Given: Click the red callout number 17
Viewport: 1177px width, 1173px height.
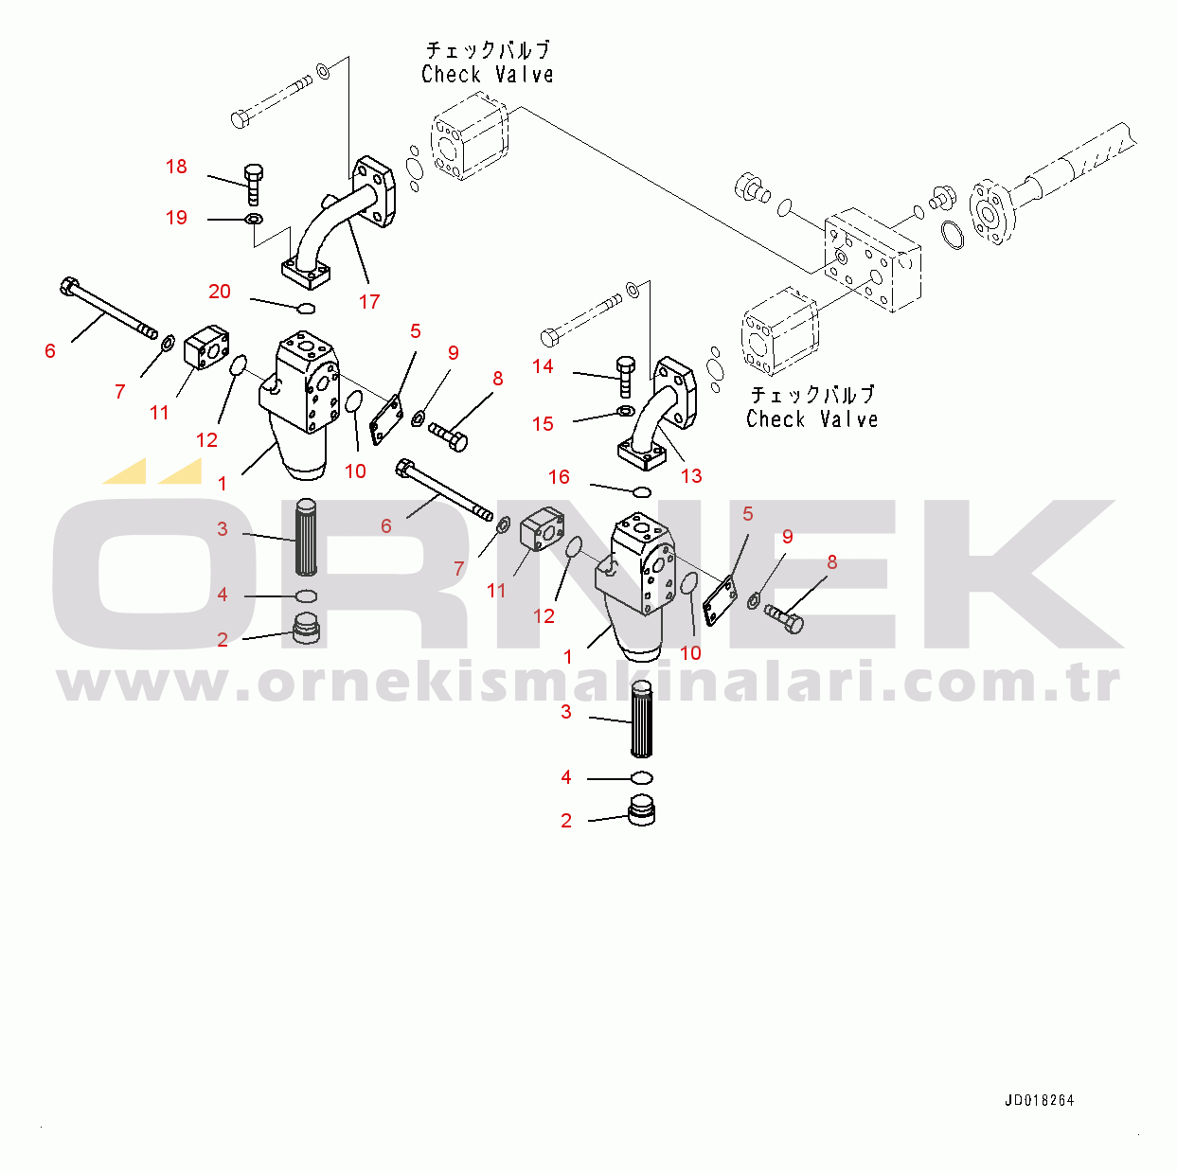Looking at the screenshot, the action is (x=369, y=301).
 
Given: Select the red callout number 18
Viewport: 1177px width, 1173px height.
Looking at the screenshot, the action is (x=176, y=167).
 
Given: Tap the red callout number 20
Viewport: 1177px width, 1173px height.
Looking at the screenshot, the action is (x=220, y=292).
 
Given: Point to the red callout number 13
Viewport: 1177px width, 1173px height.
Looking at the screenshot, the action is (x=691, y=476).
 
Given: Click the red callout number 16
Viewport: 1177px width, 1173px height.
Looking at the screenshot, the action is (x=559, y=476).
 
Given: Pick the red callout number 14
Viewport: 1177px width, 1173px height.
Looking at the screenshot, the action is (x=543, y=366).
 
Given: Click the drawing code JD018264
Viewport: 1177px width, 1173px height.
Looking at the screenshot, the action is (x=1039, y=1117).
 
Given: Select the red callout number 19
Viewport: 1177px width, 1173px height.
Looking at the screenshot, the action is (x=176, y=218).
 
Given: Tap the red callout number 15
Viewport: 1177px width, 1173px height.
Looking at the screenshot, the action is (x=543, y=423).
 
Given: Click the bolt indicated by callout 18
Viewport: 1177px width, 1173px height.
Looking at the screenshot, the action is (x=254, y=184).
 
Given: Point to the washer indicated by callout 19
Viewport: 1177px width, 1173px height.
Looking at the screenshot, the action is (x=253, y=218).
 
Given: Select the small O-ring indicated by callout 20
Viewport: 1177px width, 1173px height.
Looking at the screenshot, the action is (x=307, y=310).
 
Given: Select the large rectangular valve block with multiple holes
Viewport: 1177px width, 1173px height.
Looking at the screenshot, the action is (x=871, y=259).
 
